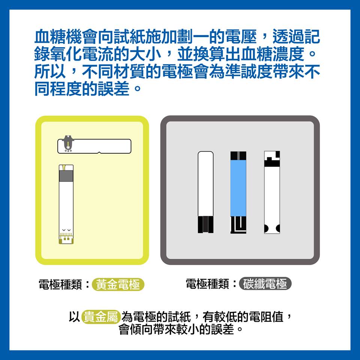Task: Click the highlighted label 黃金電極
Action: [x=118, y=285]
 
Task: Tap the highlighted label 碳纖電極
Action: [x=265, y=284]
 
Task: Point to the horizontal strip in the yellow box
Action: [x=94, y=146]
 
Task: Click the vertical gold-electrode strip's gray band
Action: [x=66, y=176]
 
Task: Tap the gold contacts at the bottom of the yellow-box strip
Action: [x=66, y=238]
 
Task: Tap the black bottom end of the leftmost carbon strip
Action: [x=205, y=224]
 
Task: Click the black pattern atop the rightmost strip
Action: [x=272, y=159]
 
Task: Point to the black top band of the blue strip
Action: [x=238, y=155]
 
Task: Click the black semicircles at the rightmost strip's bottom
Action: [x=272, y=228]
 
